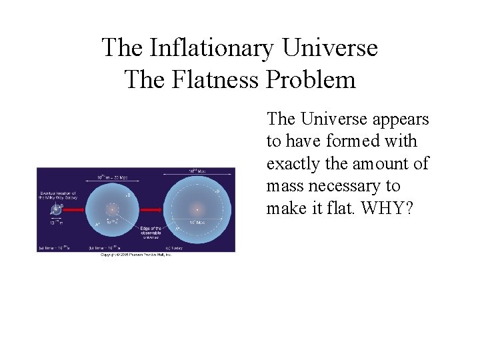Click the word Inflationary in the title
pos(211,49)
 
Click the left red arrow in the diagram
pos(75,209)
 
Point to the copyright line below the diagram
pos(135,255)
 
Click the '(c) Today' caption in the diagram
pos(175,247)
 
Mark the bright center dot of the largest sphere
pos(197,209)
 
